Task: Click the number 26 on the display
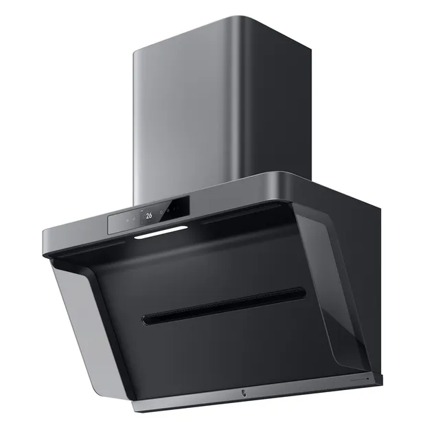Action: [148, 215]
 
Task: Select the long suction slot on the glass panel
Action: [224, 304]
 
